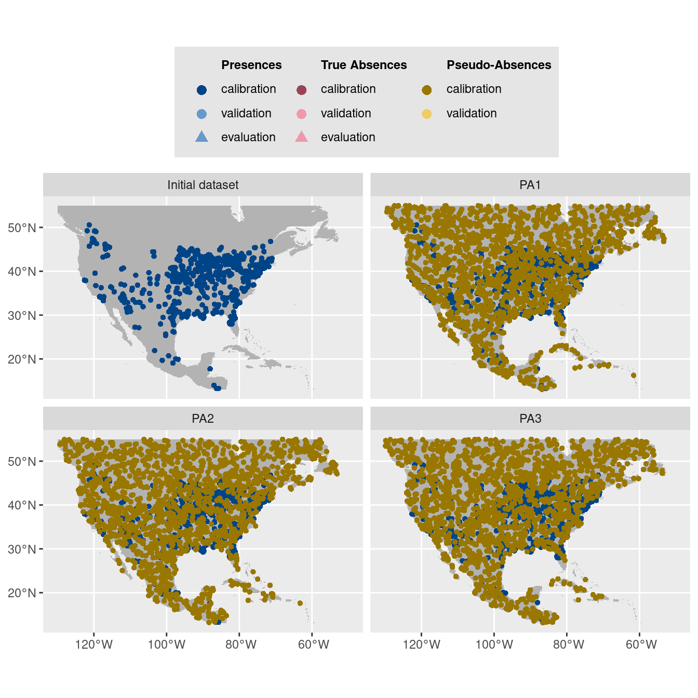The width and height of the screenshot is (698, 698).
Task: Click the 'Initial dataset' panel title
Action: click(x=203, y=185)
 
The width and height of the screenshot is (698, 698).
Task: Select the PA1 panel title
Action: click(x=530, y=185)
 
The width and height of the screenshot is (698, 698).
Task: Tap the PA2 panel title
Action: click(x=203, y=419)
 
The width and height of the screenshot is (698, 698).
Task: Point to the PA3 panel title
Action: click(x=530, y=419)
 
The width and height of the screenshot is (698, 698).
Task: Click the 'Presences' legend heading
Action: click(x=251, y=65)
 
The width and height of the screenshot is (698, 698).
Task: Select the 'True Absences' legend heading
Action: click(x=364, y=65)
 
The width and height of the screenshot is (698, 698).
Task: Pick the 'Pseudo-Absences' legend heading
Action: click(x=499, y=65)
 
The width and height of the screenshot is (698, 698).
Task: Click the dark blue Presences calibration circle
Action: click(x=202, y=90)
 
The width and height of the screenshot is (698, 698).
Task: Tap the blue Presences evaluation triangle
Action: click(x=202, y=137)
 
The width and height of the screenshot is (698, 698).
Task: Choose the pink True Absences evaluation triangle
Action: click(x=301, y=137)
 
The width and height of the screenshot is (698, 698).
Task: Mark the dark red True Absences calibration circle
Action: click(x=301, y=90)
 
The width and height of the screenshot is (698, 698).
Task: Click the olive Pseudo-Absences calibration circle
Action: click(x=427, y=90)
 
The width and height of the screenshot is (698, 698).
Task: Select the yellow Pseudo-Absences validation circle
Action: click(x=427, y=114)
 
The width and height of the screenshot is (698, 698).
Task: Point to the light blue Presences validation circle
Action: click(x=202, y=114)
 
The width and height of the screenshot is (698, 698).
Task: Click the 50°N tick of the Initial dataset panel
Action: click(x=22, y=227)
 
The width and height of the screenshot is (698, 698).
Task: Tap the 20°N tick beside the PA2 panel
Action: click(x=22, y=593)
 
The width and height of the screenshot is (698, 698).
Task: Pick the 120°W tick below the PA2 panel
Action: click(x=94, y=645)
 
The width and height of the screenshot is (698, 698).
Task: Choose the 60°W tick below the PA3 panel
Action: click(x=641, y=645)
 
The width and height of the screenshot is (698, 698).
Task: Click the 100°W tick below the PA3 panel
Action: click(x=494, y=645)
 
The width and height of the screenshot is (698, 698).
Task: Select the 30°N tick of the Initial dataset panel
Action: click(x=22, y=315)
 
